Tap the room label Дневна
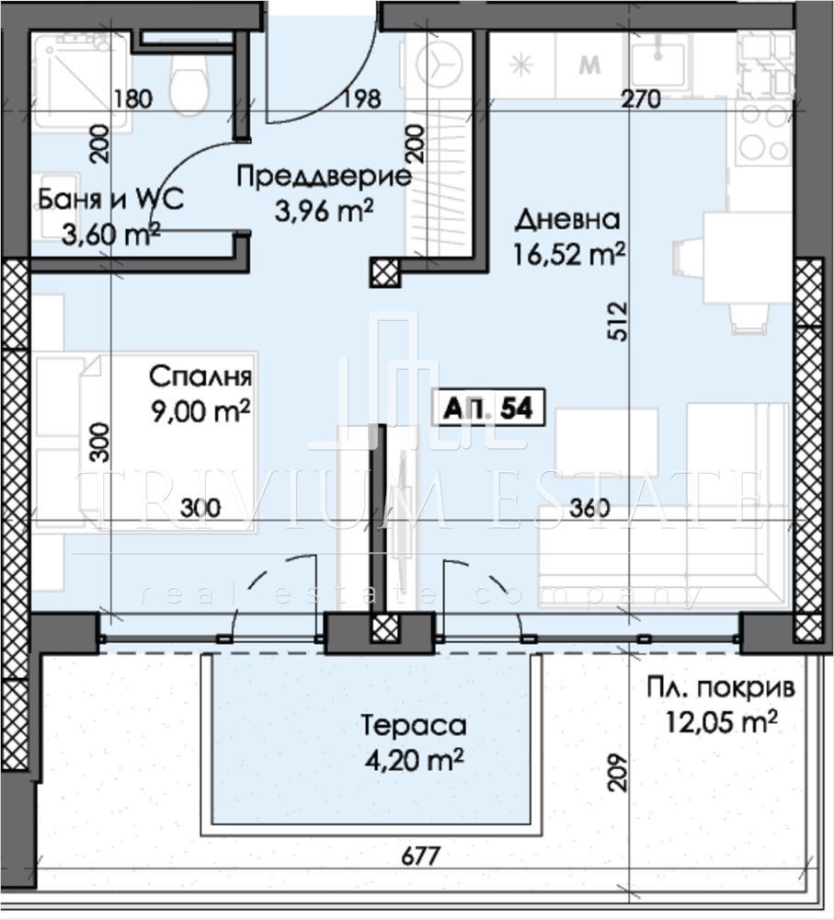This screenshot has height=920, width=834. [x=567, y=220]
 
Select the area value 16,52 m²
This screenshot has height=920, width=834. [x=570, y=253]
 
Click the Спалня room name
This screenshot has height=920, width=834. [x=200, y=376]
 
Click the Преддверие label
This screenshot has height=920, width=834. [x=324, y=177]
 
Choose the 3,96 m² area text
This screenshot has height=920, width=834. [x=324, y=210]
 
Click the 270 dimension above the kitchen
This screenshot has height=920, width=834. [x=640, y=101]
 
